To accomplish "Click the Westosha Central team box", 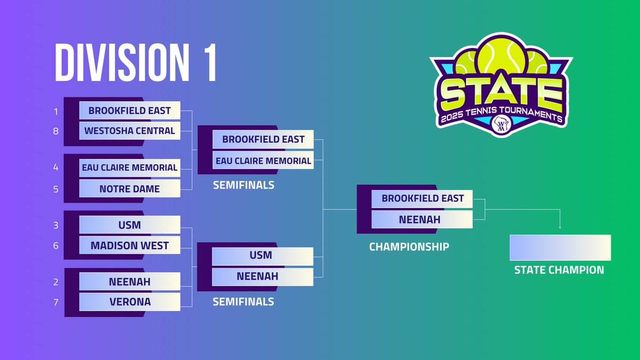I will point(130,131).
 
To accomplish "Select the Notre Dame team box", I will point(130,189).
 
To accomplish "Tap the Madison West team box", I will point(130,246).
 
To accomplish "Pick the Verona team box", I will point(130,302).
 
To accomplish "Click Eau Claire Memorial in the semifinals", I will point(262,161).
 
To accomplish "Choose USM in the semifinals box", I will point(262,255).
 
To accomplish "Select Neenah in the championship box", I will point(422,219).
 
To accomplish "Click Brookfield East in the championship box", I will point(422,198).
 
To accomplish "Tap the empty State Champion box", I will point(560,247).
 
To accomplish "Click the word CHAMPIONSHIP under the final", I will point(409,247).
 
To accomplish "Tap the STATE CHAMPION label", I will point(559,270).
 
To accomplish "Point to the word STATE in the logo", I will point(501,93).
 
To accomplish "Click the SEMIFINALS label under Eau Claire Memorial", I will point(243,185).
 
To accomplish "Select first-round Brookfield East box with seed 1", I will point(130,110).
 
